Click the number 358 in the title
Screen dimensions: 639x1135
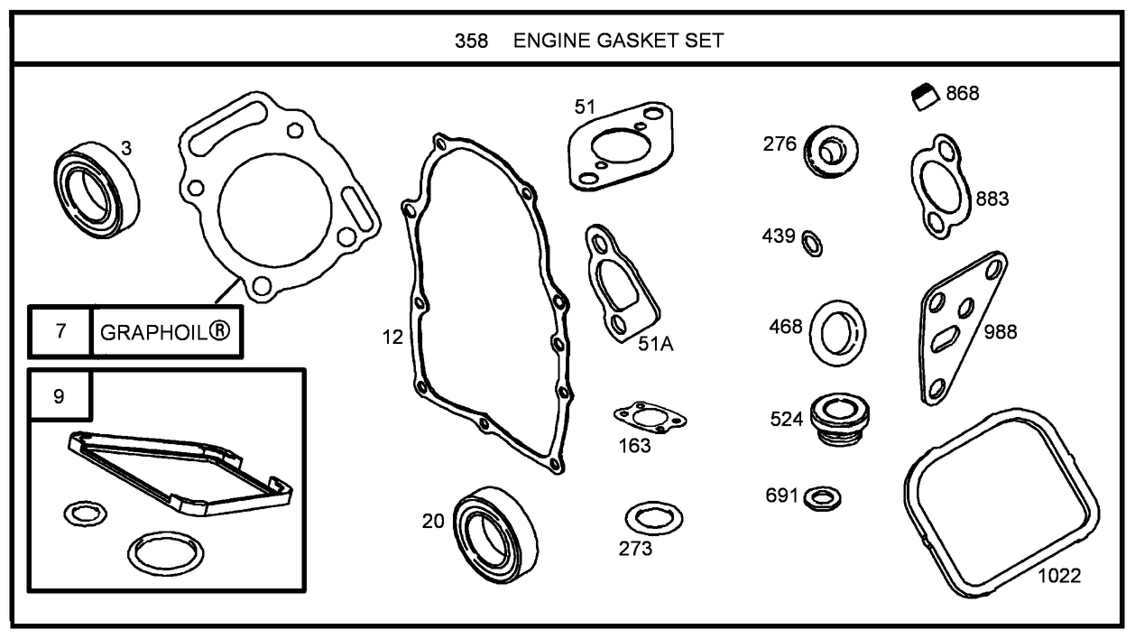471,41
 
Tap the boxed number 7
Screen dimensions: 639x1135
60,331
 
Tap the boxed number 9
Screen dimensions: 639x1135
59,396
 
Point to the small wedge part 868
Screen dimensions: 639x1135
923,95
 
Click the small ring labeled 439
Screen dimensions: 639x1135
813,243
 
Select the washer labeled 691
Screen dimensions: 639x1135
821,497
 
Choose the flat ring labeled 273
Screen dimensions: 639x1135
653,519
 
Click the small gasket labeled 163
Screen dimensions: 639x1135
649,417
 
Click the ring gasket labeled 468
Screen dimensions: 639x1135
838,332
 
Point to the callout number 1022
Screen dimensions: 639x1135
1058,575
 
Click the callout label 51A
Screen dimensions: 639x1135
656,343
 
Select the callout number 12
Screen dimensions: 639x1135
392,338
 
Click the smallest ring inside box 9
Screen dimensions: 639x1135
85,514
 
